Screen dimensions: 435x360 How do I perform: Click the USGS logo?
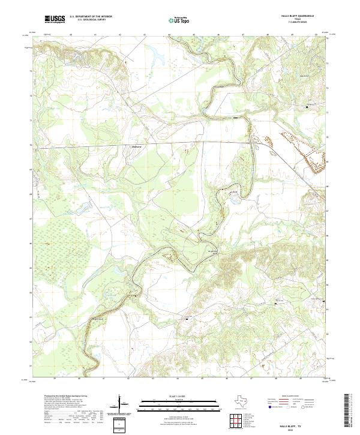(x=55, y=20)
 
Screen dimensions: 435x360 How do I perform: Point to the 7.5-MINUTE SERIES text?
(x=298, y=23)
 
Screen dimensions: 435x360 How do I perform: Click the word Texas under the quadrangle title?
(x=298, y=20)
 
